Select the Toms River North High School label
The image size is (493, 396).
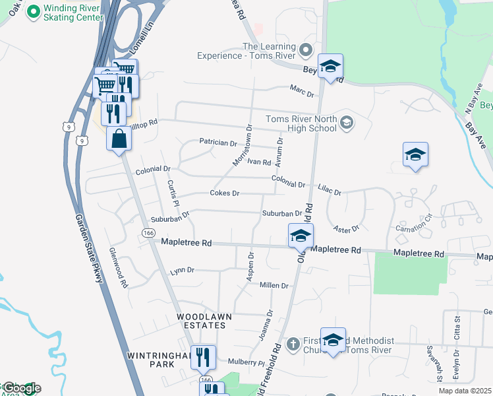301,123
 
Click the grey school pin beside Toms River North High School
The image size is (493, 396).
347,123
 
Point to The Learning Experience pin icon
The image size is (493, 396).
304,49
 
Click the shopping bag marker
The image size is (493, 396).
119,139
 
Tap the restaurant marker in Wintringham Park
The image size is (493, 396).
203,358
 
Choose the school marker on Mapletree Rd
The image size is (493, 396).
301,236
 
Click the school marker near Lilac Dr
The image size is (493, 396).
415,155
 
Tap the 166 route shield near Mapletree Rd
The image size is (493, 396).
148,233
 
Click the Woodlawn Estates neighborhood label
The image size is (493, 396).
204,317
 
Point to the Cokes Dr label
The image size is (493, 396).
224,193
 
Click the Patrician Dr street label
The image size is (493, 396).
217,143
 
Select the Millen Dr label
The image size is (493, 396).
275,285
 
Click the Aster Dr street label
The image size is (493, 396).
346,228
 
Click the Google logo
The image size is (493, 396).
20,387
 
